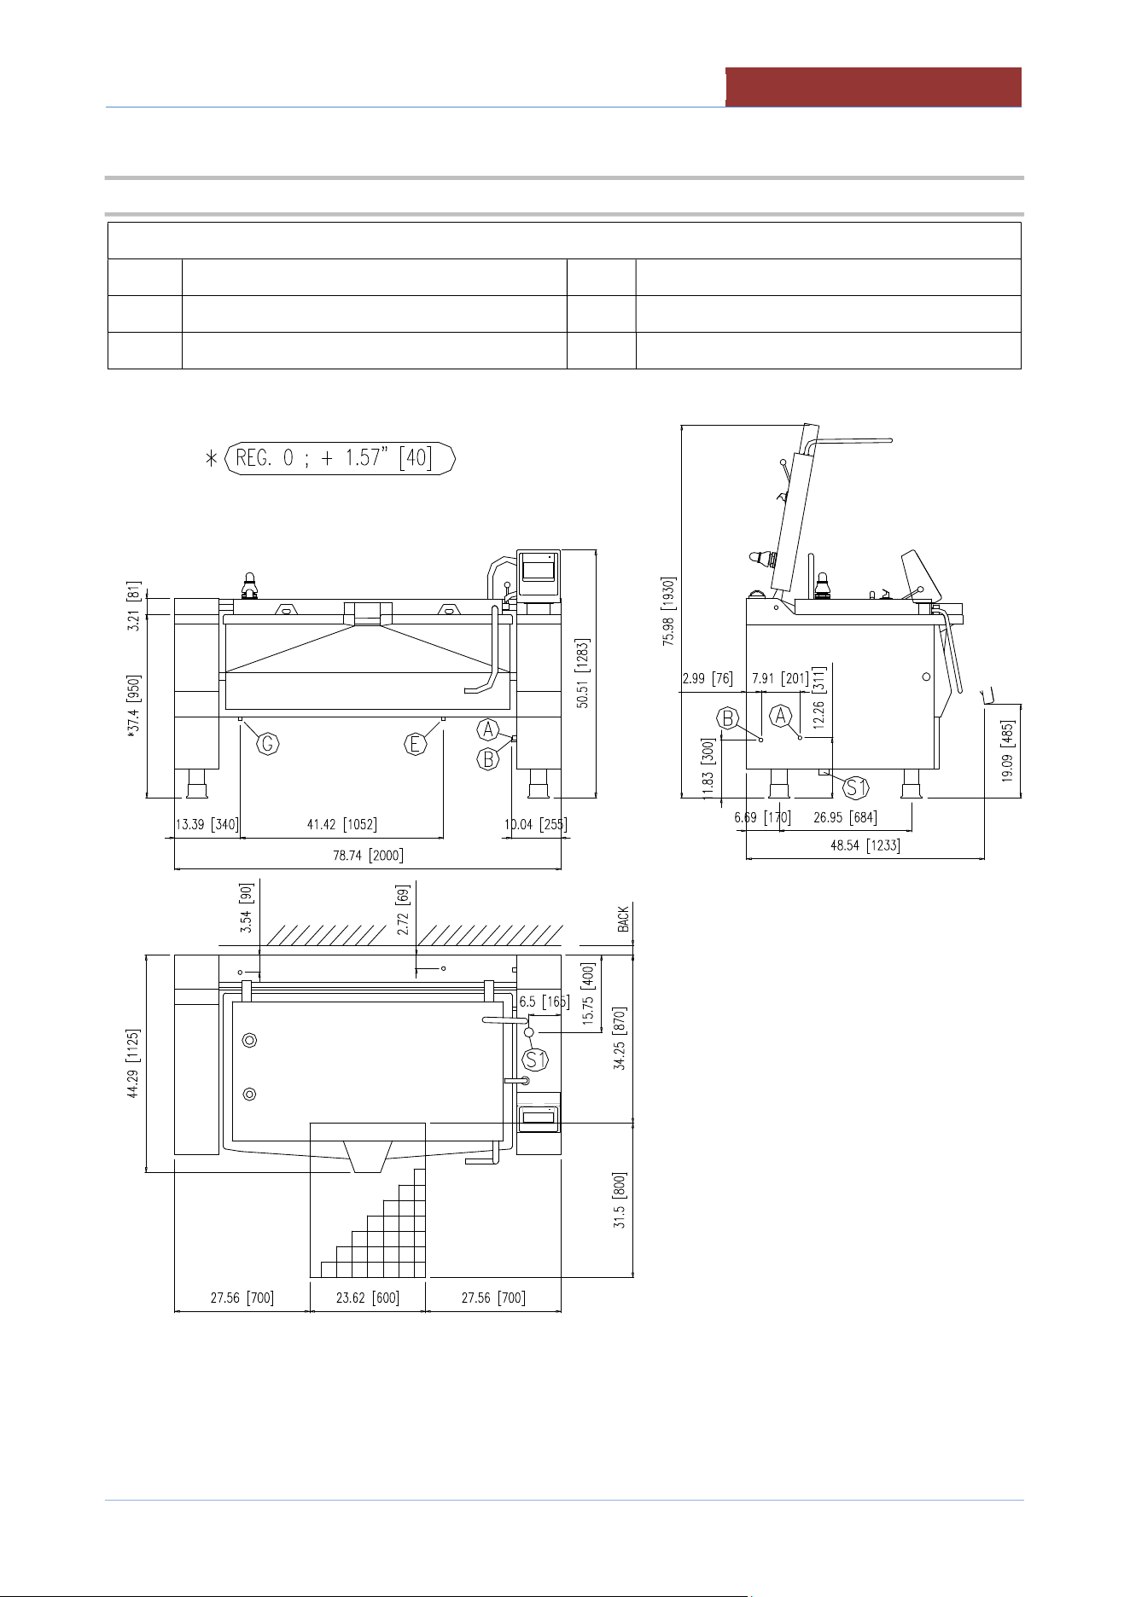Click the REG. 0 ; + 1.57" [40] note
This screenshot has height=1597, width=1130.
[x=340, y=458]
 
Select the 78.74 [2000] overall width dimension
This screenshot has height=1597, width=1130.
[x=368, y=856]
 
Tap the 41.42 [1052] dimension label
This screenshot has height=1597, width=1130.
[x=341, y=824]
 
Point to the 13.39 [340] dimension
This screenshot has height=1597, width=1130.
[x=207, y=824]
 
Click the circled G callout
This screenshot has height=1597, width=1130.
[x=268, y=744]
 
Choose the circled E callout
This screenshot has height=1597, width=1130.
[x=416, y=744]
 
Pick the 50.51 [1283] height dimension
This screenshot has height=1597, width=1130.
[x=583, y=673]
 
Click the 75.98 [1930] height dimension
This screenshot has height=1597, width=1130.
[x=668, y=612]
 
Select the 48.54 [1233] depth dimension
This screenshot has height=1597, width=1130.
[x=865, y=845]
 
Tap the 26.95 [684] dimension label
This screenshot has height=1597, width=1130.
[x=845, y=817]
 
